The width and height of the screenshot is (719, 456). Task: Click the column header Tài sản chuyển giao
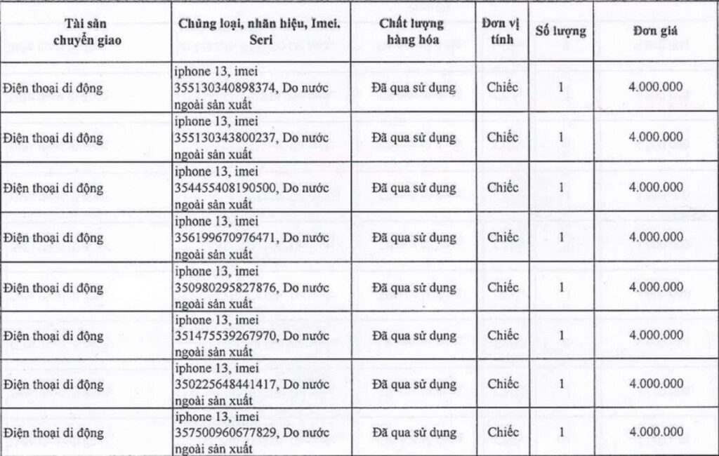pyautogui.click(x=87, y=32)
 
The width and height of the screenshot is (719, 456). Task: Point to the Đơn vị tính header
pyautogui.click(x=502, y=32)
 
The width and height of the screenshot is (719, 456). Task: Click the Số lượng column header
pyautogui.click(x=560, y=32)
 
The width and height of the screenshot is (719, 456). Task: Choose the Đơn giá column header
pyautogui.click(x=656, y=32)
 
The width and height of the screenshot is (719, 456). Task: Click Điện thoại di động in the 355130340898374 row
pyautogui.click(x=53, y=88)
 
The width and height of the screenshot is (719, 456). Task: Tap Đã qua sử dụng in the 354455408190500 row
pyautogui.click(x=414, y=188)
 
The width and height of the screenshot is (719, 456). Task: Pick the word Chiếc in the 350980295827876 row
pyautogui.click(x=502, y=288)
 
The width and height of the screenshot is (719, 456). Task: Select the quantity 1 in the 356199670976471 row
pyautogui.click(x=560, y=238)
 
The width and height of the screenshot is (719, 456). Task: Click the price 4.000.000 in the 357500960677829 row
pyautogui.click(x=656, y=432)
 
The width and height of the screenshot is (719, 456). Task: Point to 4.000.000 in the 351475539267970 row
pyautogui.click(x=656, y=335)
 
